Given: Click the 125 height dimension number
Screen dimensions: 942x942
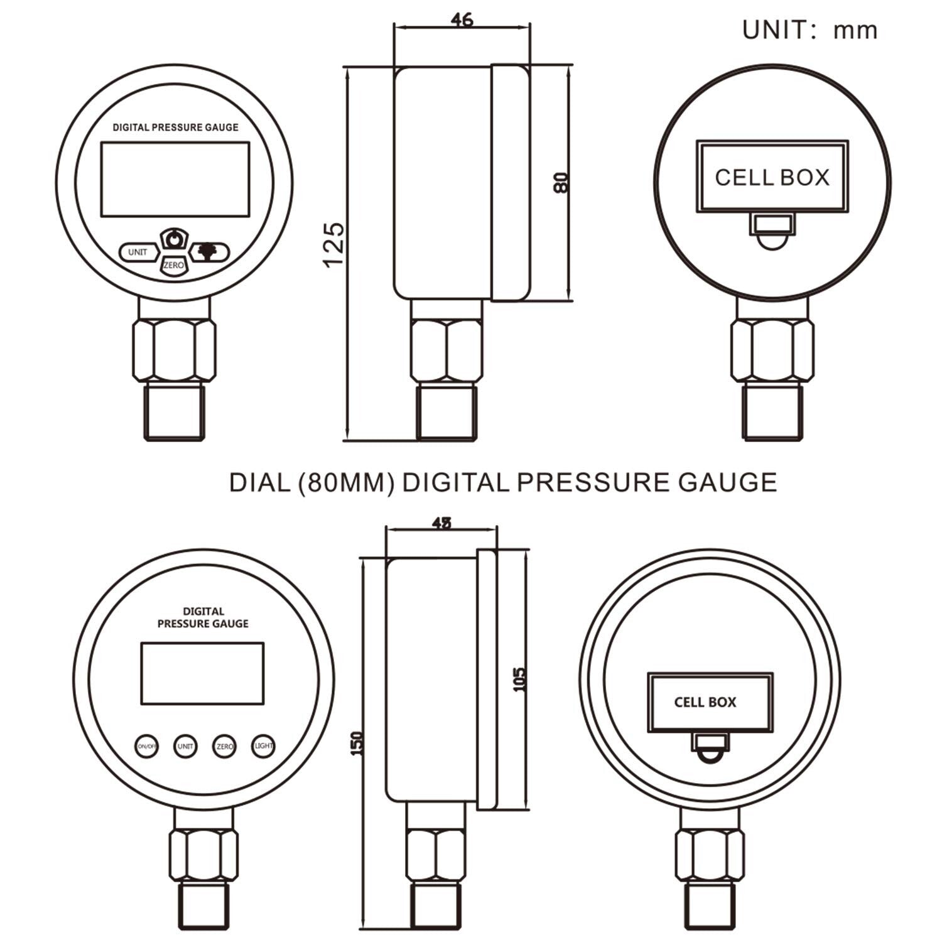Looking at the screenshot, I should (x=333, y=243).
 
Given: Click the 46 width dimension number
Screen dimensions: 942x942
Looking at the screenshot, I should (x=462, y=19).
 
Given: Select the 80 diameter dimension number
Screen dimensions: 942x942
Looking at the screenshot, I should (x=561, y=182).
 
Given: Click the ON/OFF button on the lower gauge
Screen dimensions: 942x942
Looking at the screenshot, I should (x=146, y=746).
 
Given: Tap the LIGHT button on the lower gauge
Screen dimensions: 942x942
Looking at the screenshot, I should (x=264, y=746).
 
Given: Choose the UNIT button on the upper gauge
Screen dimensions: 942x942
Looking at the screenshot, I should (x=138, y=252).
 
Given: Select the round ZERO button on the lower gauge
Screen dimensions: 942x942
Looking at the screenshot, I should (x=224, y=746).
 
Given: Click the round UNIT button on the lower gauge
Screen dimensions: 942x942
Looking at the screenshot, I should (x=185, y=746).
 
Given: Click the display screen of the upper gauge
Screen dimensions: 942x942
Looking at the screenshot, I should (x=175, y=178).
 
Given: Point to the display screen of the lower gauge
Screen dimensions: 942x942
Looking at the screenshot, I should (x=202, y=673).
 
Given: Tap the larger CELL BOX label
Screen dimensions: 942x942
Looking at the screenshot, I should (x=772, y=178).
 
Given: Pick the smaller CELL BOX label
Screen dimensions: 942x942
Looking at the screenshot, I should (x=705, y=702).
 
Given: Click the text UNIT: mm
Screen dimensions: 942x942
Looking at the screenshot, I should (x=809, y=30).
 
